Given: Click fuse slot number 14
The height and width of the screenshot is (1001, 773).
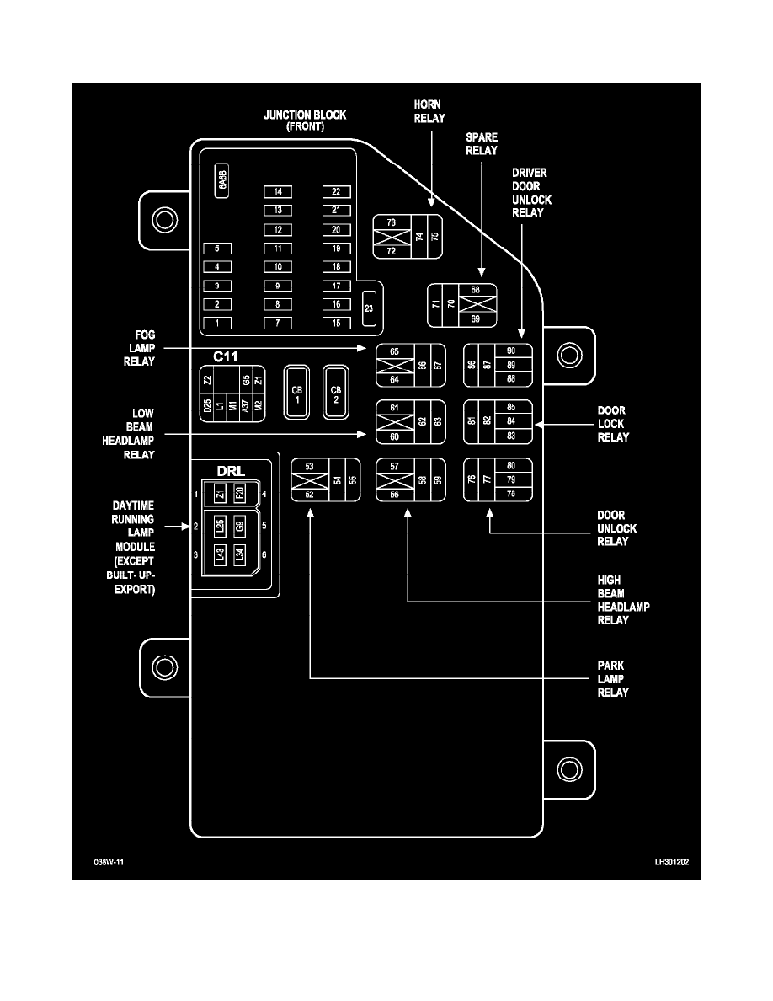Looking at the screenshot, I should (277, 192).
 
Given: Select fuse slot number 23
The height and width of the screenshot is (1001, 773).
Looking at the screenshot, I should (368, 308).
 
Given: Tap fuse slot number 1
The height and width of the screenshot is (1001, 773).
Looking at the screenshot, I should (217, 324).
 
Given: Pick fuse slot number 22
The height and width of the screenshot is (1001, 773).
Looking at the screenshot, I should (336, 192).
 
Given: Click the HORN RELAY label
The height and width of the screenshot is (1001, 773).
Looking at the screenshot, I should (429, 111).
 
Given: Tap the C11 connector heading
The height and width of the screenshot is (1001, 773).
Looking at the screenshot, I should (225, 356).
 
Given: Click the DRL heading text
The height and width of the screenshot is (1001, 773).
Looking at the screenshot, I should (231, 472).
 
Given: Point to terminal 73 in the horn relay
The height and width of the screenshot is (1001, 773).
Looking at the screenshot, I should (391, 222).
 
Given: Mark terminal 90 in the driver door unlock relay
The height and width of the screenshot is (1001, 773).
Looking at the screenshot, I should (511, 351).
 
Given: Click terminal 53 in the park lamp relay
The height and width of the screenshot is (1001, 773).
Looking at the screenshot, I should (309, 466).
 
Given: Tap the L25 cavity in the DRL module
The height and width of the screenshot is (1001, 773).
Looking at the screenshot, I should (220, 528).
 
